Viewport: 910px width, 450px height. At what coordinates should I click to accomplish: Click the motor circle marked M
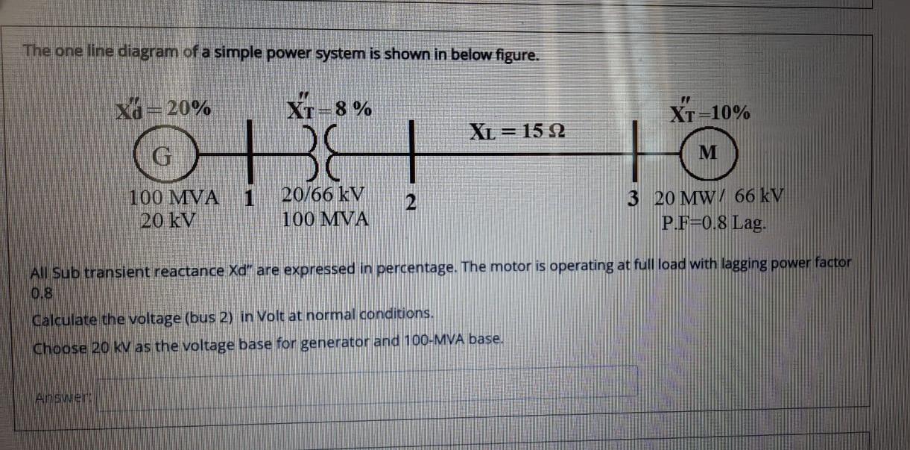[709, 153]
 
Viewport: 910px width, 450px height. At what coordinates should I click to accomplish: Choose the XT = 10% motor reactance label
[710, 113]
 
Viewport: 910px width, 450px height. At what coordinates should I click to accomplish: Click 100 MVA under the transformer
[326, 219]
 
